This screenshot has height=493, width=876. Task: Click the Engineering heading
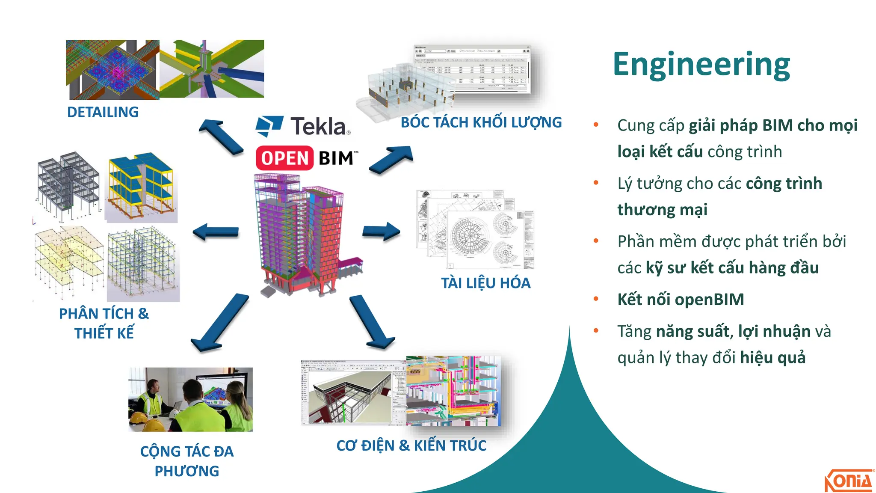[701, 64]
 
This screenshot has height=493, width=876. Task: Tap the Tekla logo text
[319, 127]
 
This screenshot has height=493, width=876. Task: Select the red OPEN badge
[284, 158]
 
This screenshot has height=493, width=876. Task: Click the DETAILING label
[103, 112]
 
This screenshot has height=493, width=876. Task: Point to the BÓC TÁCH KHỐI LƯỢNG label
[481, 123]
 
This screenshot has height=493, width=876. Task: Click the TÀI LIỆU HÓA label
[485, 283]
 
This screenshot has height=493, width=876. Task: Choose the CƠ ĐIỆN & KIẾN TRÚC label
[411, 445]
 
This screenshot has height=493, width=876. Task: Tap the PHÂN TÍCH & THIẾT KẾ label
[104, 323]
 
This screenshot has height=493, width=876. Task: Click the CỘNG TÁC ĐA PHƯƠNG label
[187, 461]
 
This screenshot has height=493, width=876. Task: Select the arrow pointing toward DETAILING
[221, 137]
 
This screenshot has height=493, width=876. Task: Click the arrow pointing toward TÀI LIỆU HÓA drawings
[381, 232]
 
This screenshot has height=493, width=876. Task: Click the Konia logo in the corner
[848, 481]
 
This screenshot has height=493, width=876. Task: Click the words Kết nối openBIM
[681, 299]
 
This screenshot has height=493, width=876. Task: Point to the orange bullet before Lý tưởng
[596, 183]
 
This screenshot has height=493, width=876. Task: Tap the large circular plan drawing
[469, 236]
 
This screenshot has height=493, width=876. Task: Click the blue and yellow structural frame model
[141, 187]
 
